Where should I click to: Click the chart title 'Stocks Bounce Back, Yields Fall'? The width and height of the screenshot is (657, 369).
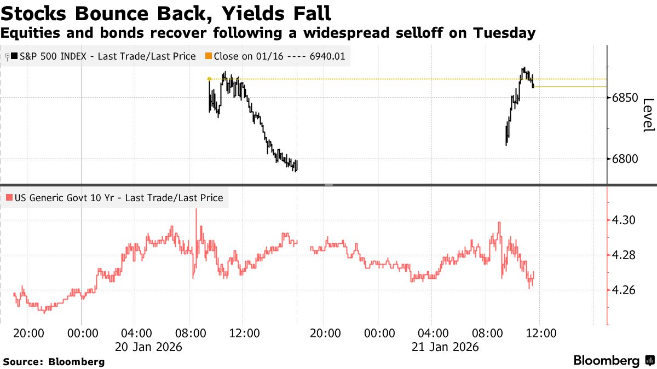coord(165,12)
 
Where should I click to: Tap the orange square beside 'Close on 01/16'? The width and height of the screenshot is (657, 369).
coord(208,56)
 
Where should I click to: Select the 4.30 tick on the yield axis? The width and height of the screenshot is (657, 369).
coord(625,220)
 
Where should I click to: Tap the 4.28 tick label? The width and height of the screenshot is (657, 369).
coord(625,255)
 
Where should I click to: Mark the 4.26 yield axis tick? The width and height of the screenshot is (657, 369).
coord(625,290)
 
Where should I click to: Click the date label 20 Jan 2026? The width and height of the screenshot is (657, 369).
coord(148,347)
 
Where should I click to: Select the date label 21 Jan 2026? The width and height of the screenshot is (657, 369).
coord(445,347)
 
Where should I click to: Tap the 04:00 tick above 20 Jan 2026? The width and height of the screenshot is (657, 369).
coord(136,333)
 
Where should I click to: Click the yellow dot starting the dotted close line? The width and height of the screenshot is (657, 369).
coord(209,79)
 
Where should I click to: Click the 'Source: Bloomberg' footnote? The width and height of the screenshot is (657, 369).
coord(54,362)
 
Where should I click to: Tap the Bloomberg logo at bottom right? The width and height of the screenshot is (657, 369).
coord(613,360)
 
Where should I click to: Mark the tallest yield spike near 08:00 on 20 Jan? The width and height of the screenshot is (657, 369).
coord(196,210)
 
